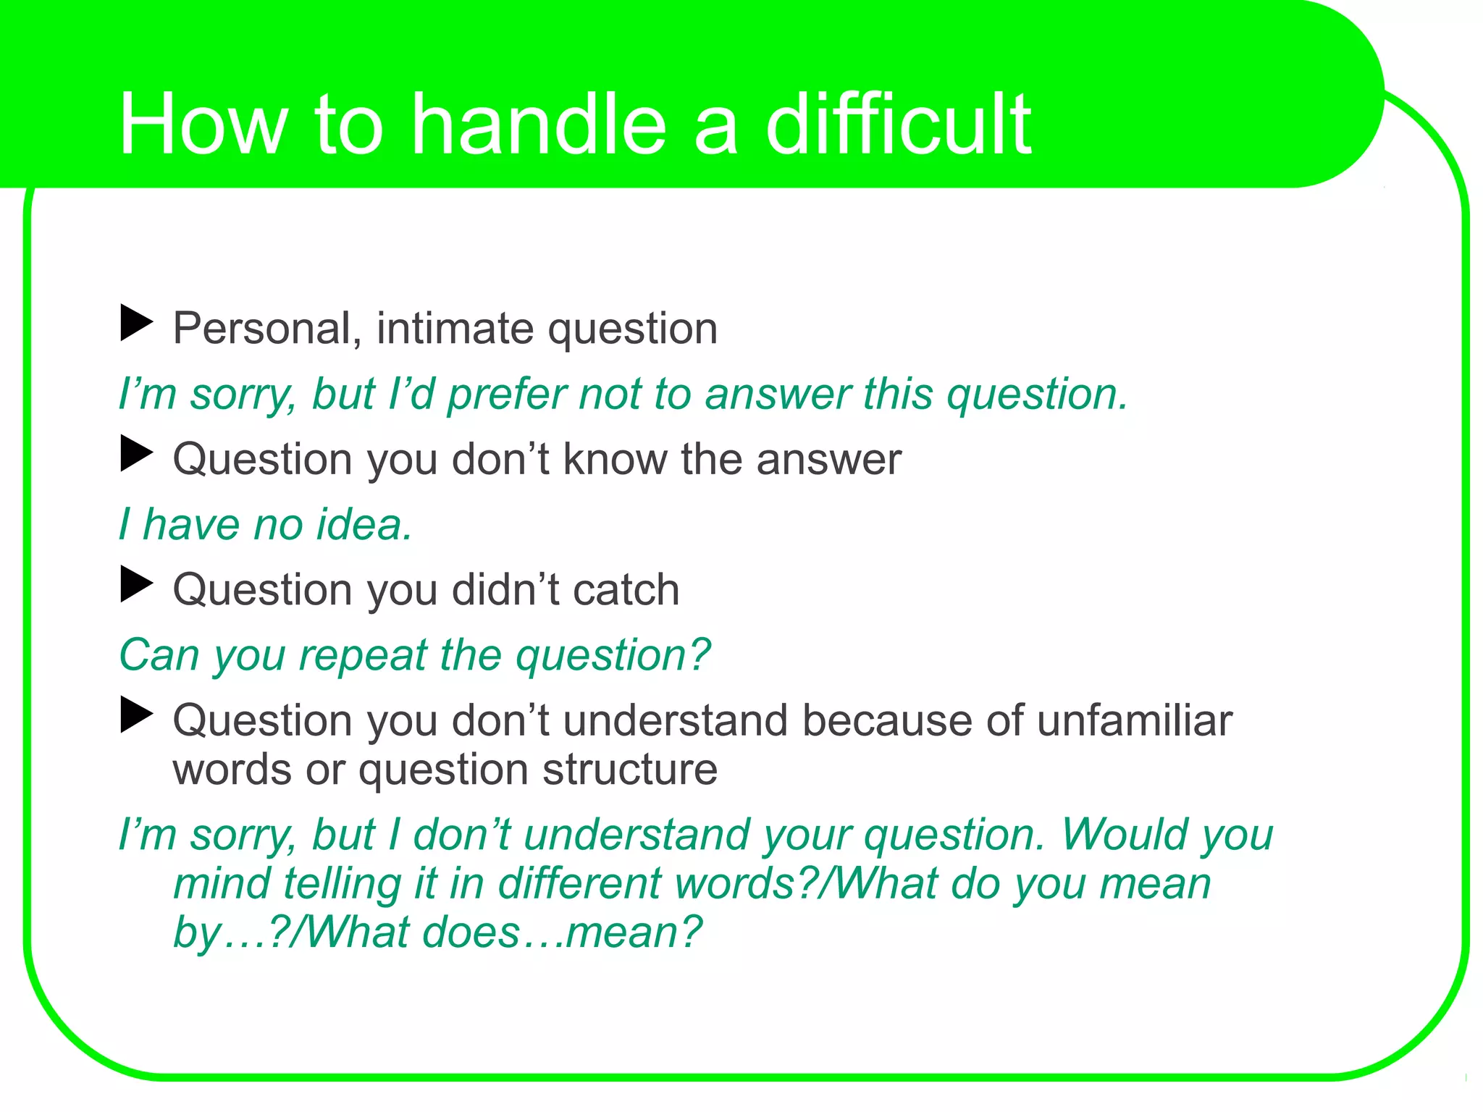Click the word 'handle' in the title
pyautogui.click(x=538, y=125)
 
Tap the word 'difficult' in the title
pyautogui.click(x=899, y=125)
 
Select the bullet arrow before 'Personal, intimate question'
pyautogui.click(x=136, y=323)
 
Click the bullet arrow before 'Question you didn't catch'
pyautogui.click(x=136, y=584)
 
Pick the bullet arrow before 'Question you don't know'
pyautogui.click(x=136, y=453)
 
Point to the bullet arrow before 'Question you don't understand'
pyautogui.click(x=136, y=715)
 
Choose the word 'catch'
pyautogui.click(x=626, y=589)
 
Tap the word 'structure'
pyautogui.click(x=630, y=769)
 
